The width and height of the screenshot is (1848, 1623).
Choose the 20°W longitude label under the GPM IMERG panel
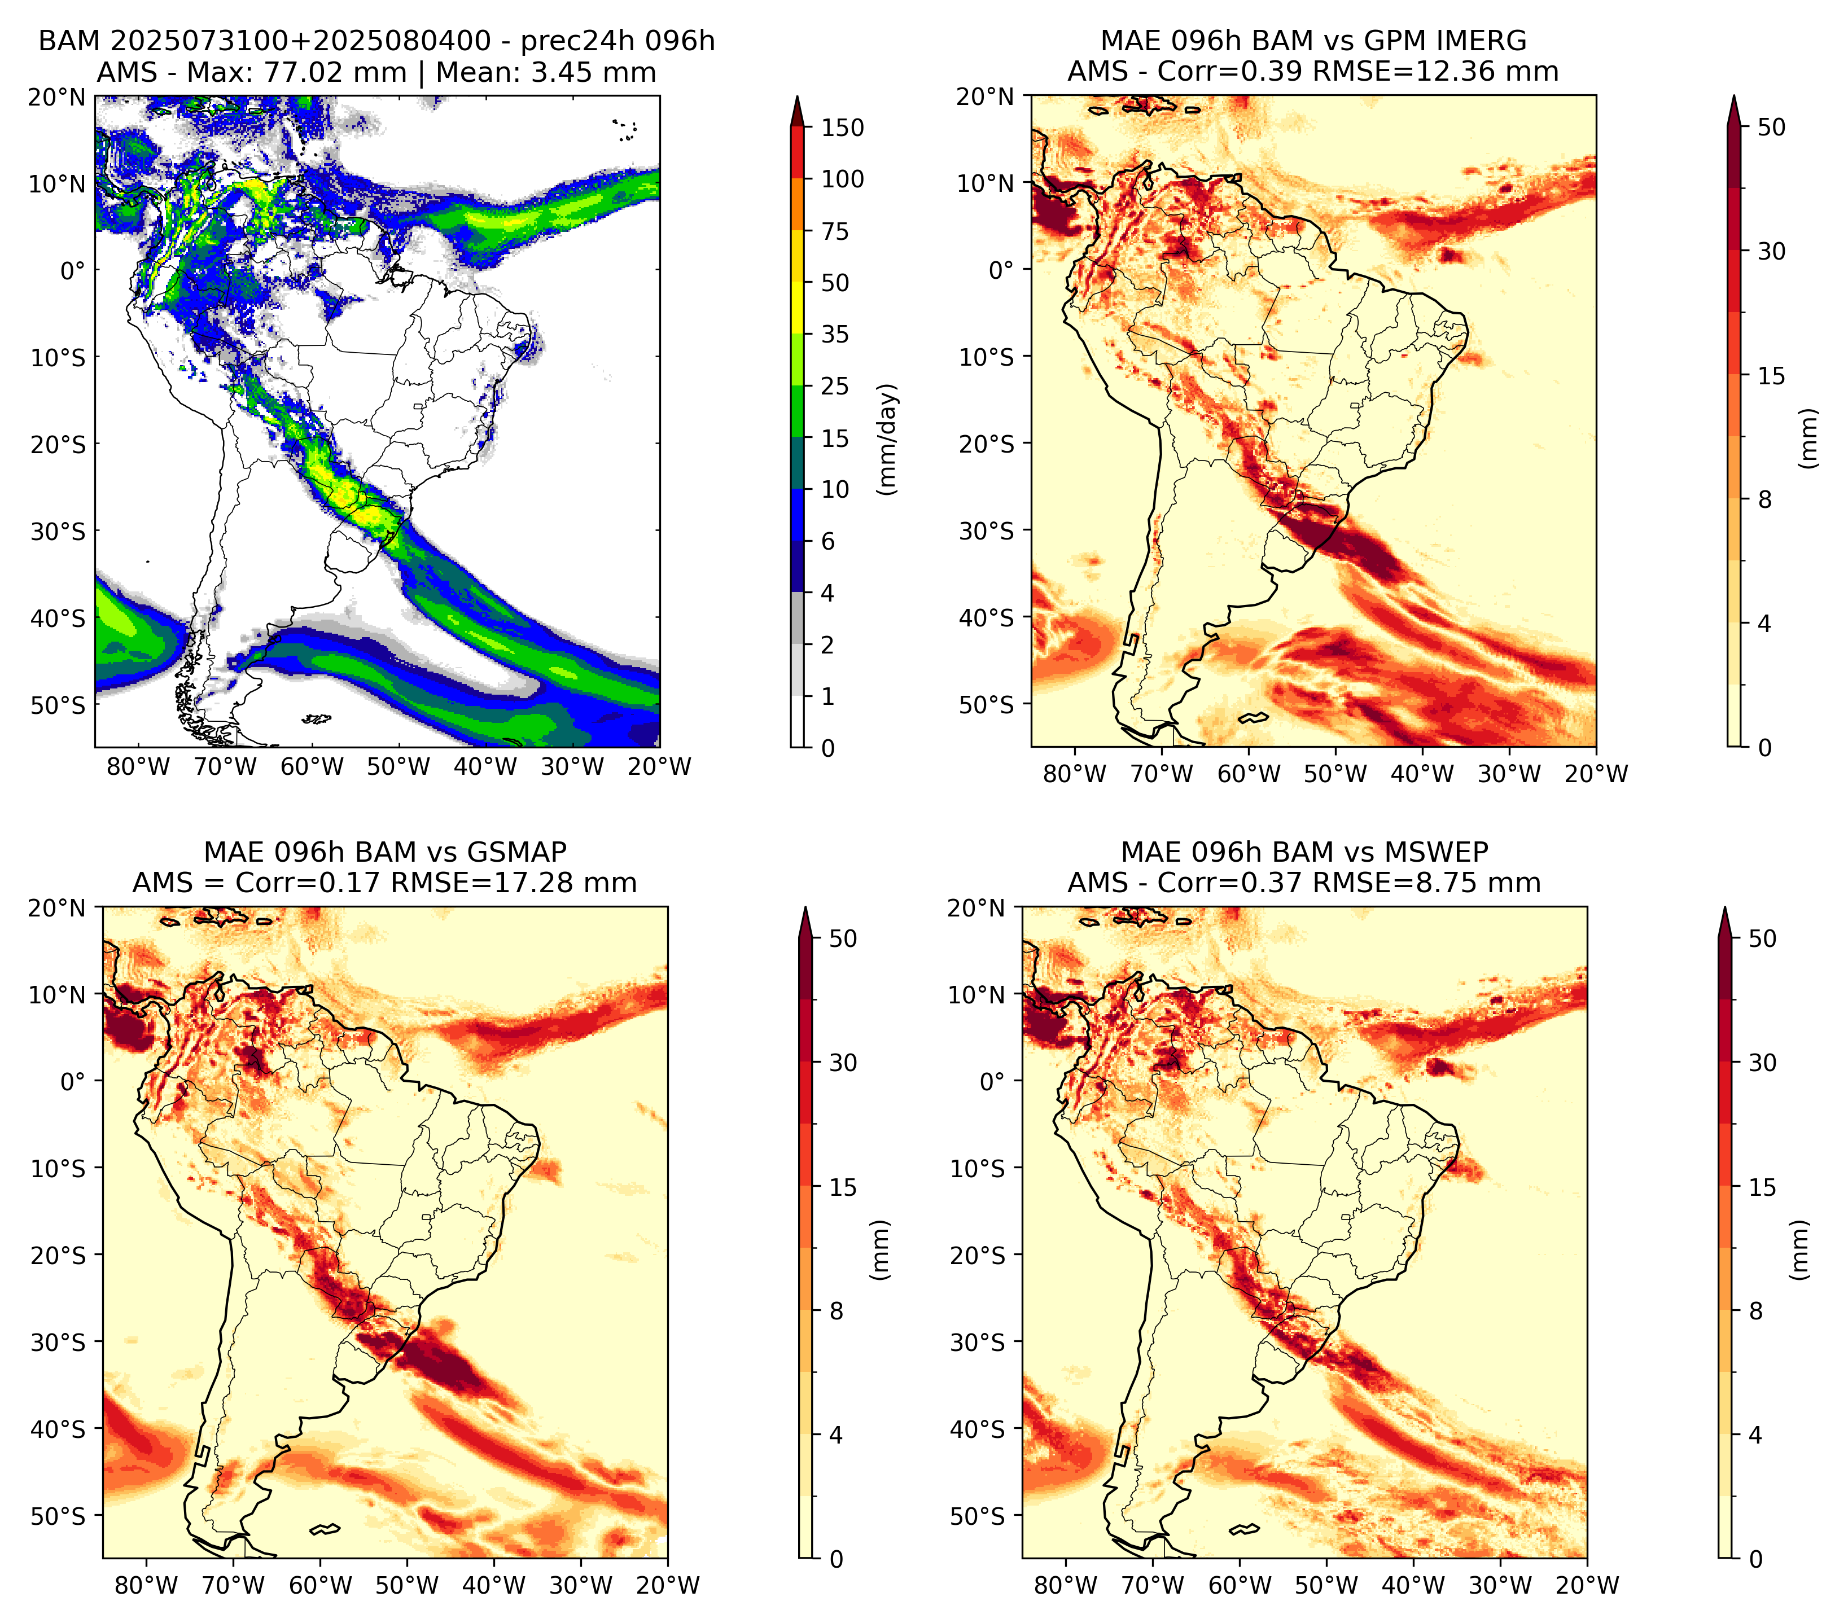1596,774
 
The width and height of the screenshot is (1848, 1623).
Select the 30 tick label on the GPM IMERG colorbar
1771,251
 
